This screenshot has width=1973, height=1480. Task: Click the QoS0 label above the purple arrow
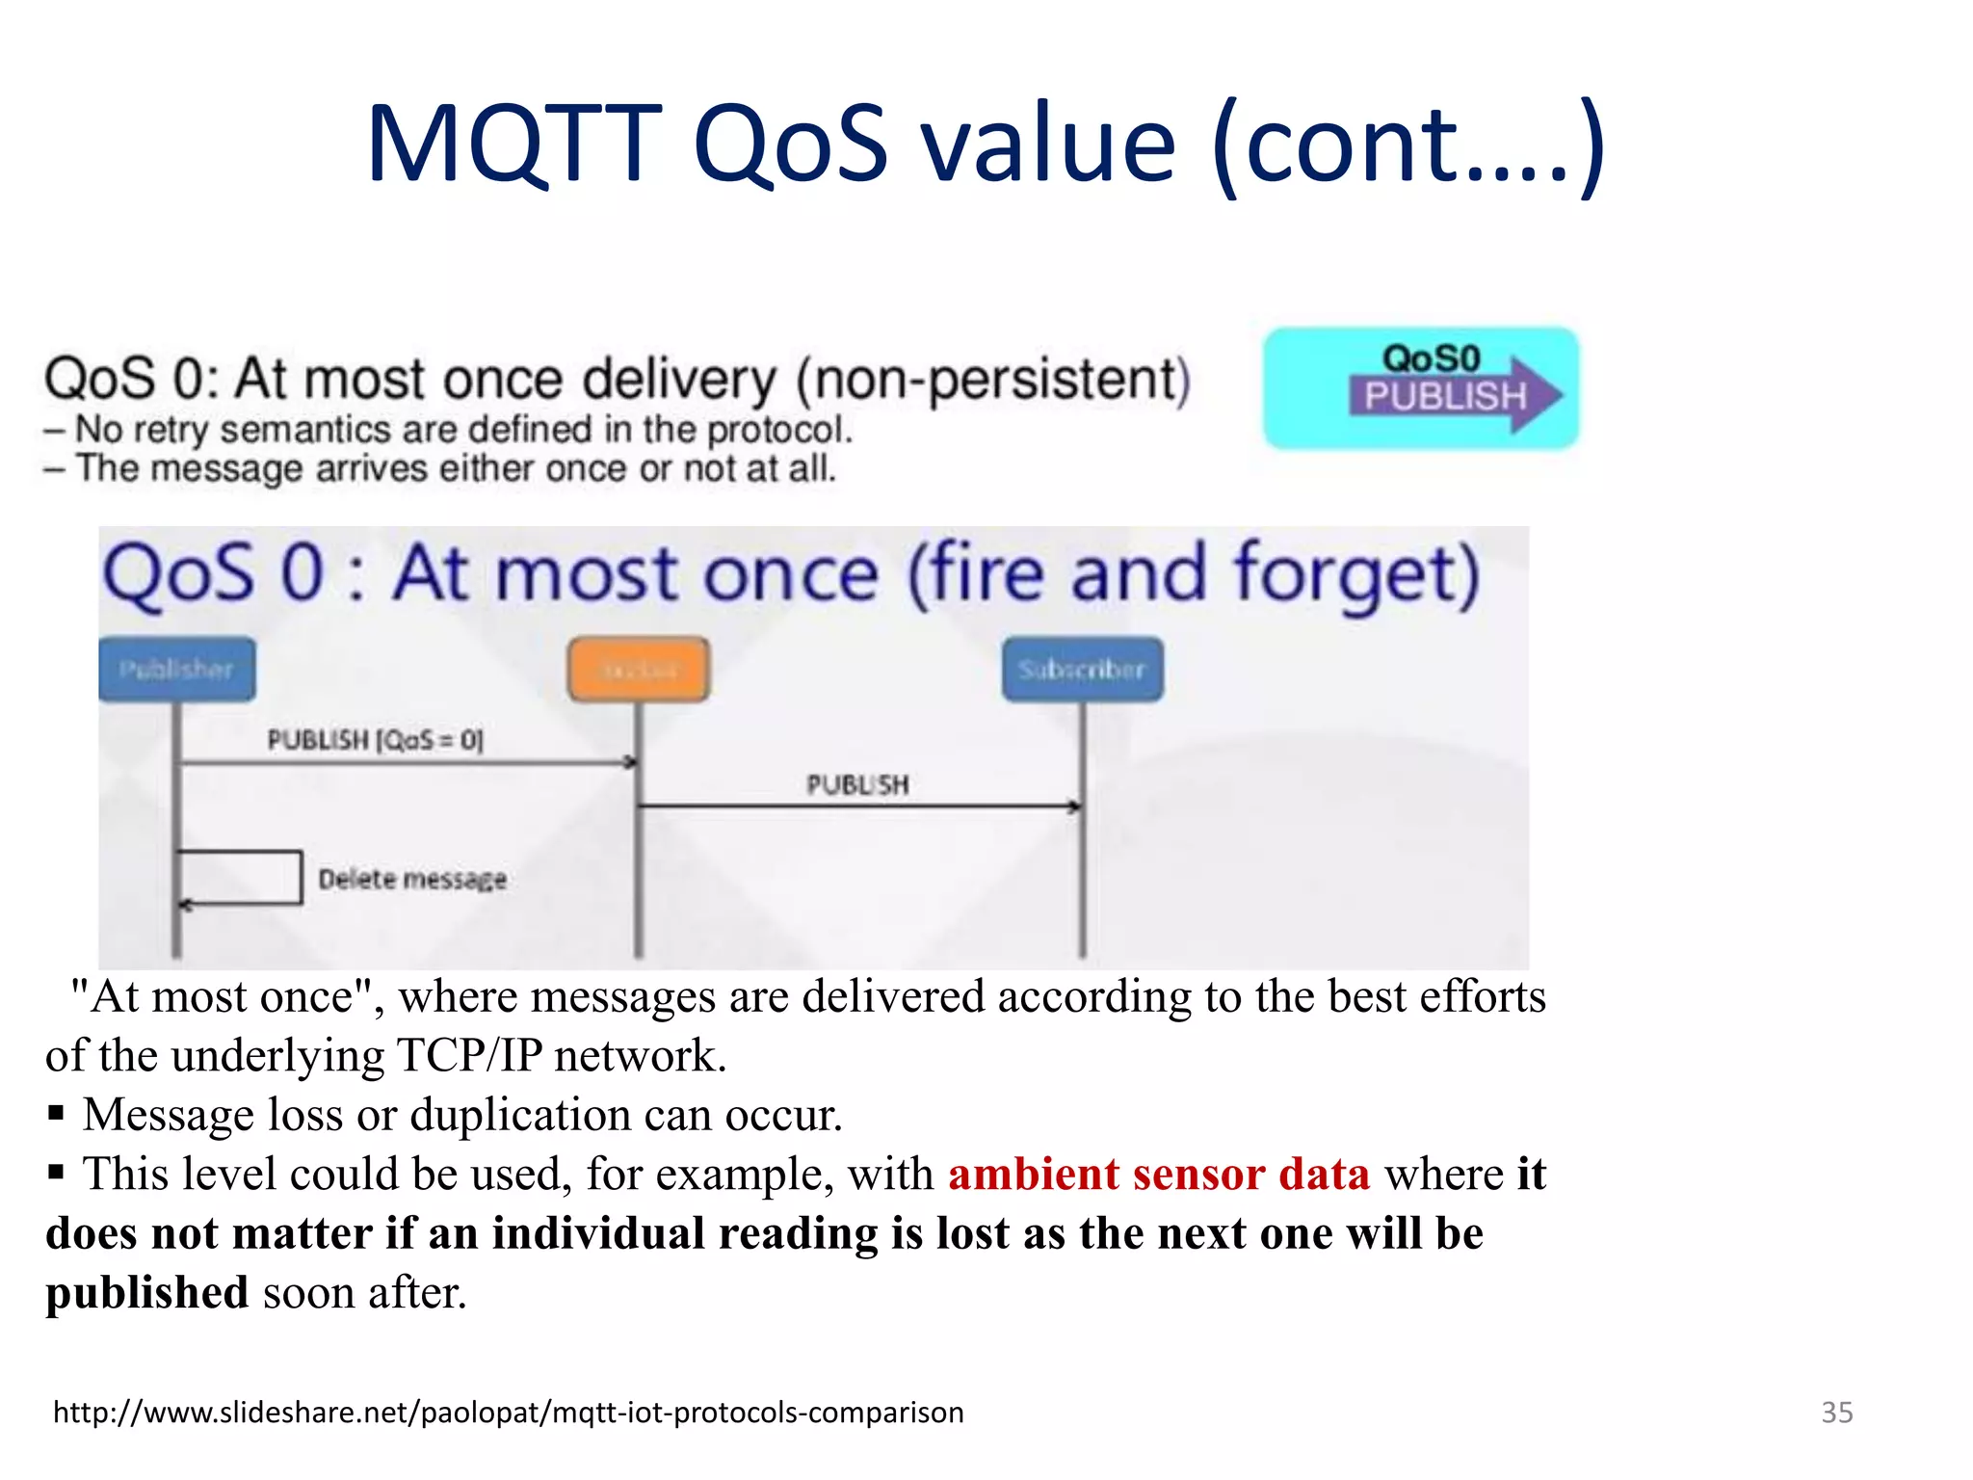(1431, 358)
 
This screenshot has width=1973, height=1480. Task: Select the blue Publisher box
(177, 669)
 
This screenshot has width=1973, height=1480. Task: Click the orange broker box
(639, 669)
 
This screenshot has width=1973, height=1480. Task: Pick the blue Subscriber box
(1082, 669)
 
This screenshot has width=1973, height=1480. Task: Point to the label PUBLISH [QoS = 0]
(375, 740)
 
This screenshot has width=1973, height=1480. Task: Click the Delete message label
(412, 879)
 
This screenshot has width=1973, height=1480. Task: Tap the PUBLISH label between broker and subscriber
(857, 784)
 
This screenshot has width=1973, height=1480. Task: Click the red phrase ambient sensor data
(1159, 1175)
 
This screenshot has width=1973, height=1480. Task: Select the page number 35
(1836, 1412)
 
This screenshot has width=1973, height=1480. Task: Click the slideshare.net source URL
(508, 1412)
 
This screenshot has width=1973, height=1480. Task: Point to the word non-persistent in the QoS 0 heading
(992, 379)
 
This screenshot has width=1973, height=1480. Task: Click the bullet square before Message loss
(56, 1115)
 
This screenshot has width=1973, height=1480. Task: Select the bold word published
(147, 1293)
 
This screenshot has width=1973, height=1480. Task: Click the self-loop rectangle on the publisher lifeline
(241, 877)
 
